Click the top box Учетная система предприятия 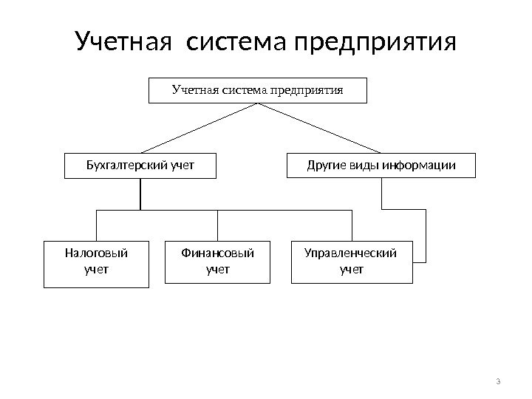(258, 90)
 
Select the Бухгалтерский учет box (140, 166)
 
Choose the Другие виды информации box (381, 166)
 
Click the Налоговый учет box (96, 262)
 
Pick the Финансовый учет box (217, 262)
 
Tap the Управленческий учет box (352, 262)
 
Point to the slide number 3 (498, 381)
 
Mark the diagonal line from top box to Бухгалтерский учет (199, 128)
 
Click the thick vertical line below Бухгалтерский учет (140, 194)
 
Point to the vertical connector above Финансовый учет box (217, 225)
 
